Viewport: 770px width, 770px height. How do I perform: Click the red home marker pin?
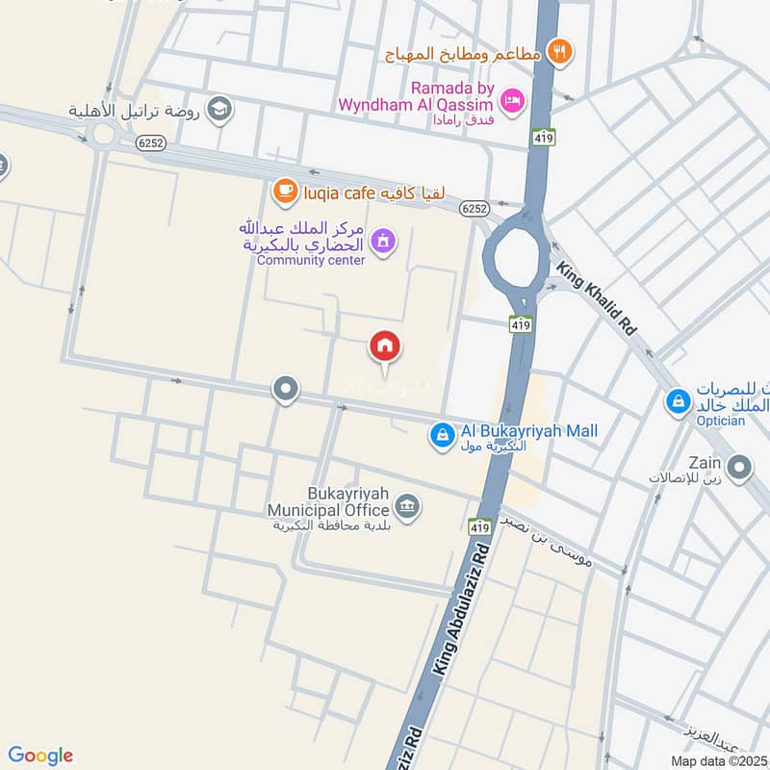click(385, 346)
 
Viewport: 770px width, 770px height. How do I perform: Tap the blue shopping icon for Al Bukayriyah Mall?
click(442, 436)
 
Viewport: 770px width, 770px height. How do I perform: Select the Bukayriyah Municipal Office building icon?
click(408, 506)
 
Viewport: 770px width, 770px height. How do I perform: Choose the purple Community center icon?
click(383, 241)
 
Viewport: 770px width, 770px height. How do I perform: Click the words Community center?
click(311, 261)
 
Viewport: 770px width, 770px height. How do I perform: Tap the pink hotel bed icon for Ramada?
click(513, 99)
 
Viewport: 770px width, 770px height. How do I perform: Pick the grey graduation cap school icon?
click(220, 110)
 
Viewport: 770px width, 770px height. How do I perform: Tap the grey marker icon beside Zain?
click(739, 469)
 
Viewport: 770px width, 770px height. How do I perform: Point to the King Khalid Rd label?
click(595, 300)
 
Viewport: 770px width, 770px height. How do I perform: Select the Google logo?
click(40, 756)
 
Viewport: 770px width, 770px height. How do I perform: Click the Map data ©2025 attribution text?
click(719, 761)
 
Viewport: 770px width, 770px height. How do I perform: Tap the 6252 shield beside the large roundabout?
click(473, 208)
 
